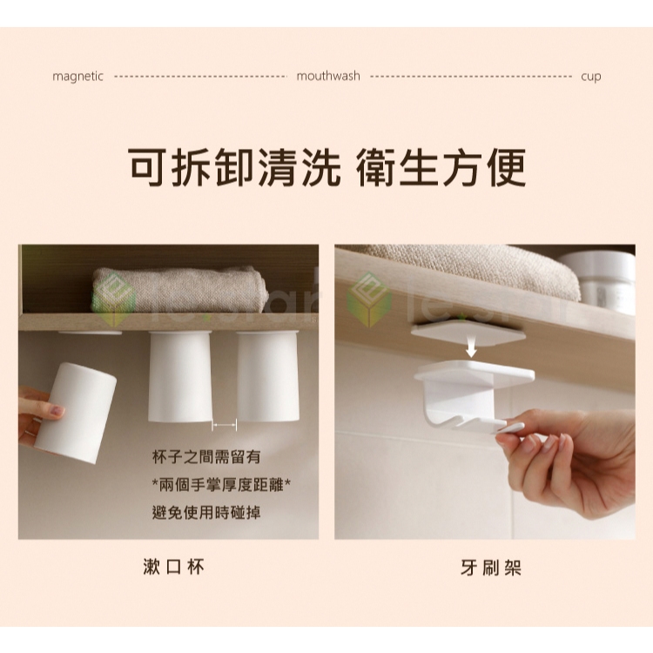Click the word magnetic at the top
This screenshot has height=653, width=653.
point(77,77)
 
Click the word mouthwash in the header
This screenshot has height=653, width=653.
point(328,76)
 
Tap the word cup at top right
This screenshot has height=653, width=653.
point(591,77)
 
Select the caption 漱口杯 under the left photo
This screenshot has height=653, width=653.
point(173,567)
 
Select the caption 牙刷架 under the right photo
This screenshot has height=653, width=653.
point(491,567)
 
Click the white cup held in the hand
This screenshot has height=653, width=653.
point(76,413)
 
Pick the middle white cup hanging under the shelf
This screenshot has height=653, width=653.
point(180,376)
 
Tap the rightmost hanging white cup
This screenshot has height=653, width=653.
point(268,376)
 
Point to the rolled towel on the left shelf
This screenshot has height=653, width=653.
point(179,289)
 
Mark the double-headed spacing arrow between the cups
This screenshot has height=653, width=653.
point(225,425)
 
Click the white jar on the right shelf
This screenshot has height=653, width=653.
point(599,282)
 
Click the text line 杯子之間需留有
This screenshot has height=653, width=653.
point(206,457)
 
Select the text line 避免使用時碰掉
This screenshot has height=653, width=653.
point(206,512)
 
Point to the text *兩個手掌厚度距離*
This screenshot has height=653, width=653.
point(221,485)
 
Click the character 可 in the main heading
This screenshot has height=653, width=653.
point(147,167)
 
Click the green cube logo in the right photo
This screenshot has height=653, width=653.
point(368,299)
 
